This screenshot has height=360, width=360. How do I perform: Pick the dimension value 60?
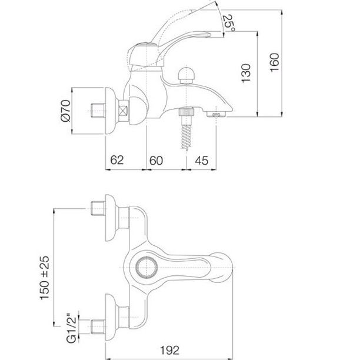tap(156, 160)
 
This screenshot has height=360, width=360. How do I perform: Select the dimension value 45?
tap(202, 160)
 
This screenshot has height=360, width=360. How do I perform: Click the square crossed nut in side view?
tap(124, 110)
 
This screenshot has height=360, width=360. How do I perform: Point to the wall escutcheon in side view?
tap(109, 110)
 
